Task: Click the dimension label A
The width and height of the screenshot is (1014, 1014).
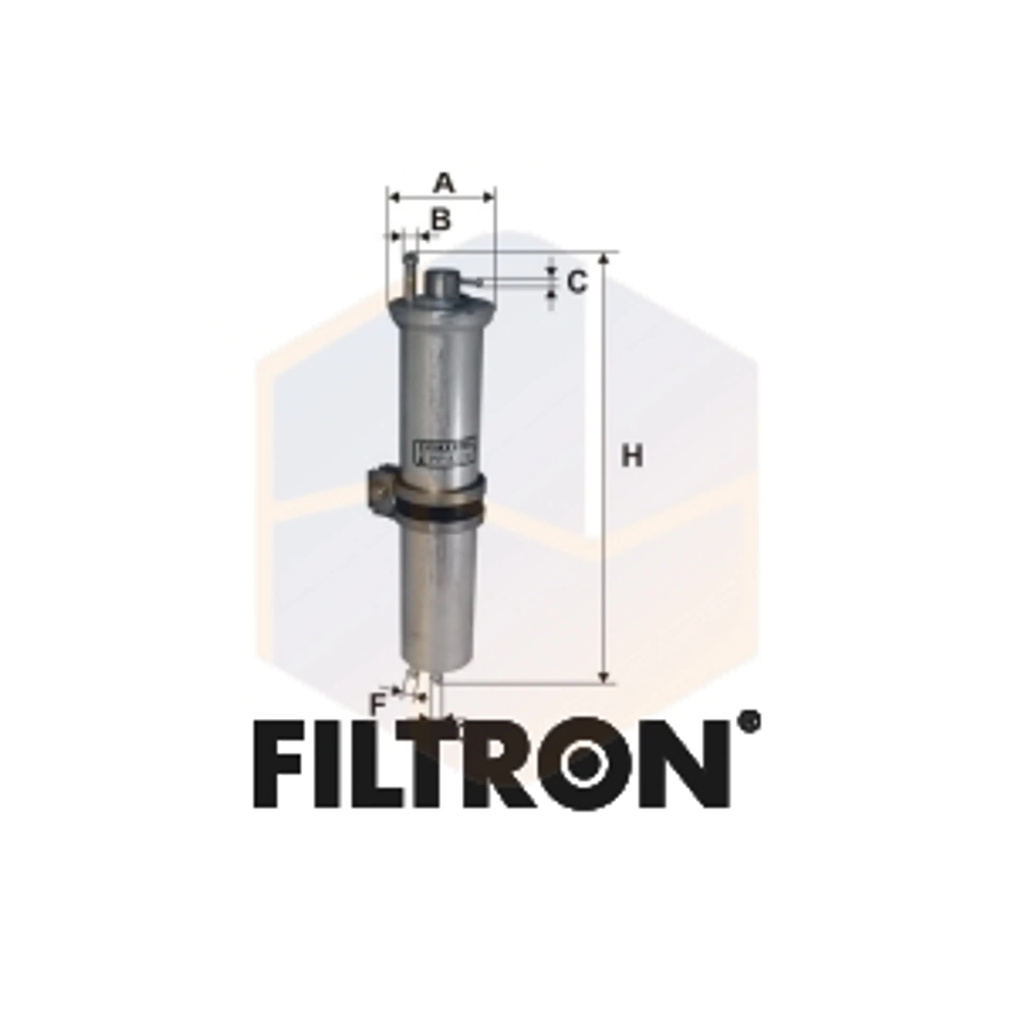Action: coord(444,184)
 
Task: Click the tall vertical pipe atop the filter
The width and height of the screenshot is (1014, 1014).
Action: coord(409,275)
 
